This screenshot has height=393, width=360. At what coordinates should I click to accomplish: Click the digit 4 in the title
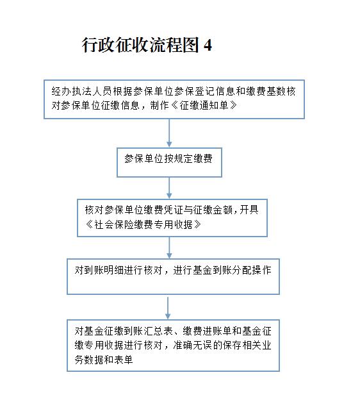tap(208, 46)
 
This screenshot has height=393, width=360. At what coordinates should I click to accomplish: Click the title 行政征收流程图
tap(140, 45)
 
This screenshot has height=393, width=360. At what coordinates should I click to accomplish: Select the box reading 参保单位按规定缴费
tap(169, 162)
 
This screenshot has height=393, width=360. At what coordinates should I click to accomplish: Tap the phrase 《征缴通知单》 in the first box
tap(204, 105)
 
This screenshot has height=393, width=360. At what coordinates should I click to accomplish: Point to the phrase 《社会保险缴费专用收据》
tap(143, 224)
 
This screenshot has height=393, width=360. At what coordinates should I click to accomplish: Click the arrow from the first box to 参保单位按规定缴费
tap(169, 133)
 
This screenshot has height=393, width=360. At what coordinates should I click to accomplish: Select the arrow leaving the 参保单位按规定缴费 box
tap(169, 188)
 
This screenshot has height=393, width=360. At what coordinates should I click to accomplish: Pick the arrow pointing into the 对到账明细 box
tap(169, 247)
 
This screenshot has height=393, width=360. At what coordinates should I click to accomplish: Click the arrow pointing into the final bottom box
tap(168, 308)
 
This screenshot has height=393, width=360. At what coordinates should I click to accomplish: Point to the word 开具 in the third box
tap(249, 210)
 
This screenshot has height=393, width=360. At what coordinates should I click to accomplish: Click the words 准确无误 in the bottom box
tap(193, 346)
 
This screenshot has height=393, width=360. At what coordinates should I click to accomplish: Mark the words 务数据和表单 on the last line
tap(104, 360)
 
